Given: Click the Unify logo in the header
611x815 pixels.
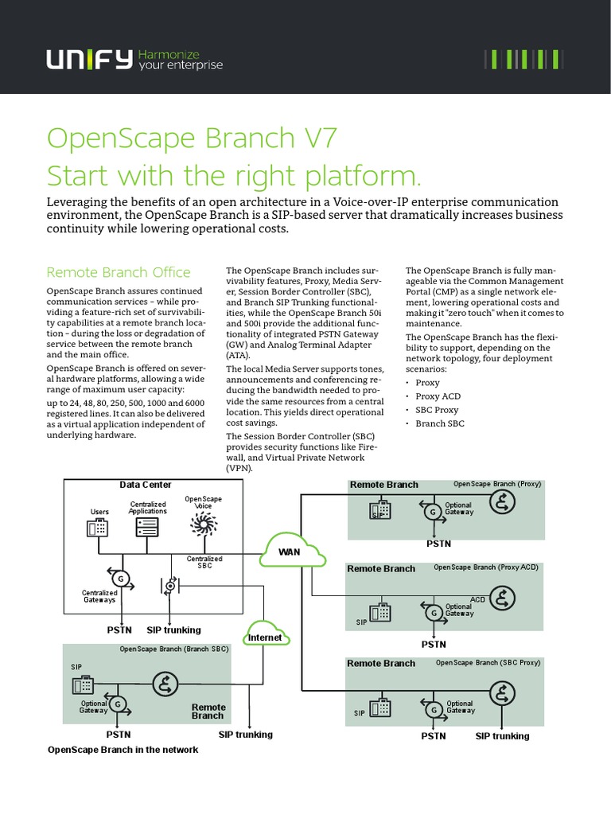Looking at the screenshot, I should click(89, 60).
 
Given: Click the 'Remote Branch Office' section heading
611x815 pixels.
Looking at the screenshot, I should click(119, 272).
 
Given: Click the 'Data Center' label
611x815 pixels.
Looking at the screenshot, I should click(146, 485).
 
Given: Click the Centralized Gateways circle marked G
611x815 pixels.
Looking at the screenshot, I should click(121, 577).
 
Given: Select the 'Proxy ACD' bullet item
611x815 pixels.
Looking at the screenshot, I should click(438, 396).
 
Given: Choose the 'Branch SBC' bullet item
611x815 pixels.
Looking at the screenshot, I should click(440, 423).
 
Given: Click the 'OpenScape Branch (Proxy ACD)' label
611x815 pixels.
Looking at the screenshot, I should click(485, 567).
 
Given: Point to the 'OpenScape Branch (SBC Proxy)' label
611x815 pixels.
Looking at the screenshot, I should click(487, 662).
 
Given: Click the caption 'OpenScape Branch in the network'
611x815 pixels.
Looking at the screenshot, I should click(123, 750).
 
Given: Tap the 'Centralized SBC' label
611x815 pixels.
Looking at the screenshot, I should click(204, 562).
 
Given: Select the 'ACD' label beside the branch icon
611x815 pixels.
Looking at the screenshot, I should click(477, 599).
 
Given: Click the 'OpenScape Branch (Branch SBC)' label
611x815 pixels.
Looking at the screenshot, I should click(173, 649).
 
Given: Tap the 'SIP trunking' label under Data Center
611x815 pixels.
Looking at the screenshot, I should click(173, 630).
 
